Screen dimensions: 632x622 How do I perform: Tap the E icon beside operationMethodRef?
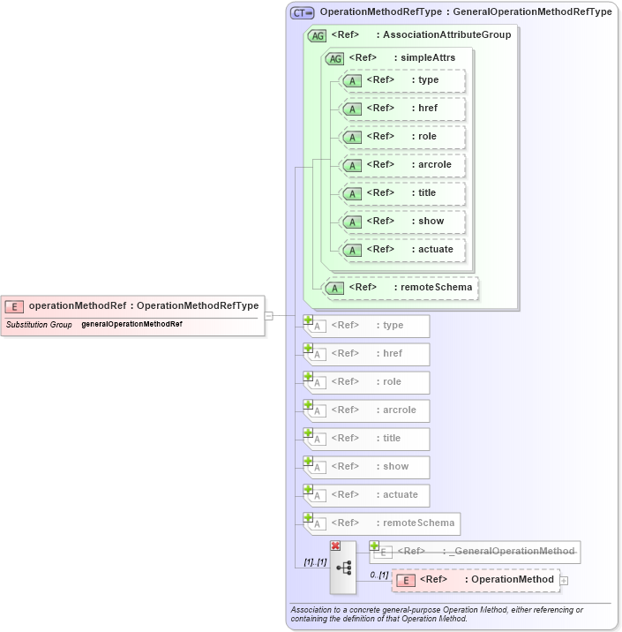(14, 306)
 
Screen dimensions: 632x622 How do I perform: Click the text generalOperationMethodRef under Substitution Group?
(131, 324)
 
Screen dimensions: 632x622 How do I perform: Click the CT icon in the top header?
(302, 13)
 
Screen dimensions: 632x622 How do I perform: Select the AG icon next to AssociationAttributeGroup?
(316, 35)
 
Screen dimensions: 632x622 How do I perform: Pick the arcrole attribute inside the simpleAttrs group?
(402, 164)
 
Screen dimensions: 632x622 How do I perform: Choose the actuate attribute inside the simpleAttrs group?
(402, 249)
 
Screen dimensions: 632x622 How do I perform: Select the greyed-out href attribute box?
(367, 354)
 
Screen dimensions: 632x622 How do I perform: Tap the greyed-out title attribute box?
(367, 439)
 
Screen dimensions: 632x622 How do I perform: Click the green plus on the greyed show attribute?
(309, 461)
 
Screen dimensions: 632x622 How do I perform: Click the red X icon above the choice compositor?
(335, 546)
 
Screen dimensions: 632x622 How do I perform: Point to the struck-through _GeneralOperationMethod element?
(476, 552)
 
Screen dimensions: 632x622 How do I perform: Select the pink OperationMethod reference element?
(476, 580)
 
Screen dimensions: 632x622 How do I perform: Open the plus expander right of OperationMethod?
(564, 580)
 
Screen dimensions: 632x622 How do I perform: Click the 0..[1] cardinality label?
(378, 575)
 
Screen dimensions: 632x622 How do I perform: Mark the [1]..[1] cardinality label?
(314, 561)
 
